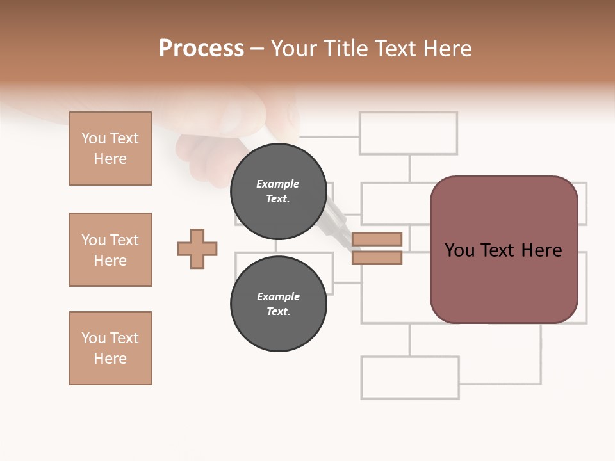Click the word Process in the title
pos(201,49)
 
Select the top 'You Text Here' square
pos(110,149)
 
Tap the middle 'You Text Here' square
pos(110,250)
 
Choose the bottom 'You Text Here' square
pos(110,348)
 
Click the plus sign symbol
pos(197,248)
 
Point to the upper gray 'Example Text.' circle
pos(278,191)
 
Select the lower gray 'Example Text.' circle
pos(278,303)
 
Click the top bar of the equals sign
pos(377,239)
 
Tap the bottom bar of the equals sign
pos(377,258)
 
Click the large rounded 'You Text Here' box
pos(504,250)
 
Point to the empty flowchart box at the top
pos(409,133)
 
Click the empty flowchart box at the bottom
pos(410,378)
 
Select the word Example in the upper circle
pos(278,184)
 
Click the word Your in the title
pos(294,49)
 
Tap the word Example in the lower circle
pos(278,296)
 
